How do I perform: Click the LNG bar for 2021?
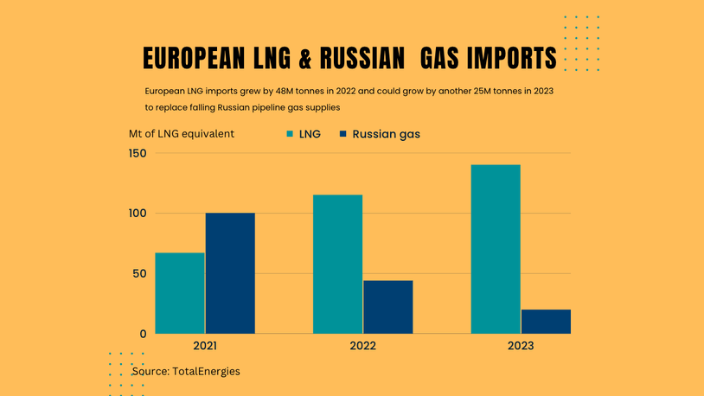(180, 293)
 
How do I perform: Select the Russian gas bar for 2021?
(230, 273)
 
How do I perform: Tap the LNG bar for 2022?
(337, 264)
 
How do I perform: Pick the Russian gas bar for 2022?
(387, 307)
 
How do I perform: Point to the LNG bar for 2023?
(496, 249)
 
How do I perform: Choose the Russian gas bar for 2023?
(546, 322)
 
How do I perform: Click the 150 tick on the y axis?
(138, 154)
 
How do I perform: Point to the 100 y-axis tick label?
(138, 214)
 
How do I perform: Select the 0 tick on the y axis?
(144, 334)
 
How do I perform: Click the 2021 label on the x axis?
(205, 346)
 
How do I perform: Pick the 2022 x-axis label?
(363, 346)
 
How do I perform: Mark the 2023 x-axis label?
(521, 346)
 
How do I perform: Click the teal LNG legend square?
(291, 134)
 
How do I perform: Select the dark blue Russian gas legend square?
(343, 134)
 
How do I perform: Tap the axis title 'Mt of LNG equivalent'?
(182, 134)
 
